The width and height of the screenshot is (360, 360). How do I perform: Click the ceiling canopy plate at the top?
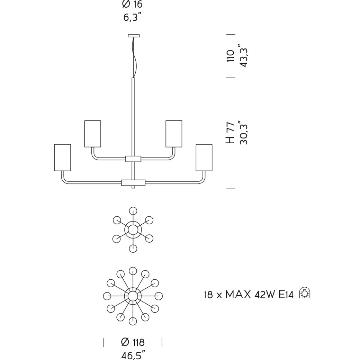133,36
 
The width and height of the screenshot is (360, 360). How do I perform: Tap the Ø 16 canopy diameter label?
132,4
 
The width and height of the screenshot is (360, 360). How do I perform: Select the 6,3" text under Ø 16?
132,17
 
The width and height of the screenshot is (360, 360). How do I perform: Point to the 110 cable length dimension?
230,56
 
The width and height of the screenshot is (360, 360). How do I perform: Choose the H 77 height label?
230,133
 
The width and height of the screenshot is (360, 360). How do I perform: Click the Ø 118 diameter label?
133,342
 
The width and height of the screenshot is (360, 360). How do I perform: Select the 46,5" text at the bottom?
133,355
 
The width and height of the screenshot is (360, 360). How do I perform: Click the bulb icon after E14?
305,293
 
